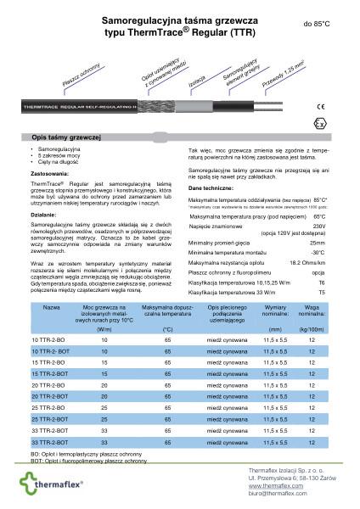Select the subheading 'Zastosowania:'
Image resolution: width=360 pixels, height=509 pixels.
coord(48,173)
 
